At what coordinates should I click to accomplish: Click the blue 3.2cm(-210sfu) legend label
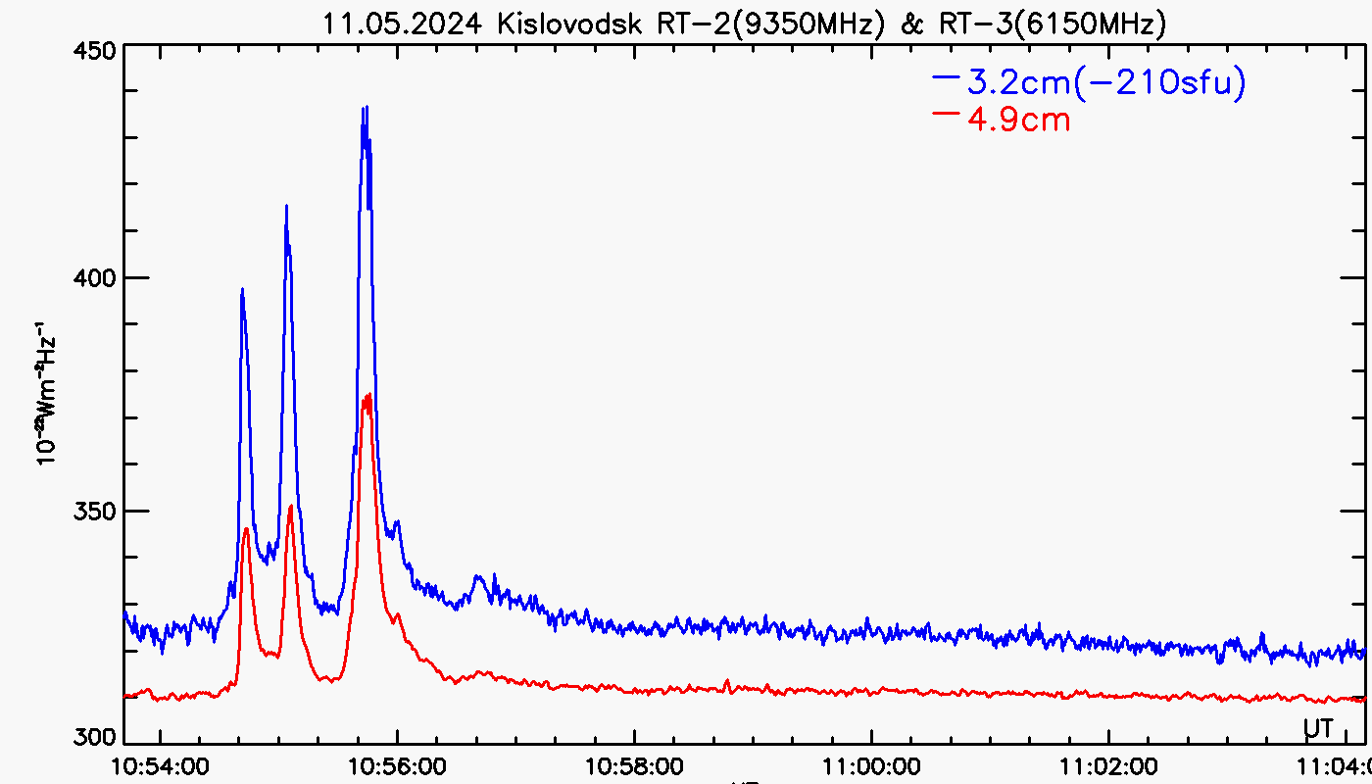point(1105,83)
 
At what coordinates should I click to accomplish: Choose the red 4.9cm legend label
point(1018,120)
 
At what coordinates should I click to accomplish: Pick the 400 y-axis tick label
point(96,278)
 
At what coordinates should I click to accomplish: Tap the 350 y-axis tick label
point(96,511)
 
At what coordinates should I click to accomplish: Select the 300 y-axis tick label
point(96,737)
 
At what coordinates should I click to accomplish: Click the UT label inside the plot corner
point(1317,728)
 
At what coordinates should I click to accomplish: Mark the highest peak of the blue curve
point(365,107)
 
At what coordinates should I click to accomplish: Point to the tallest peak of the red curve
point(368,394)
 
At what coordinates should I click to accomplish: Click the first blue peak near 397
point(242,289)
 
